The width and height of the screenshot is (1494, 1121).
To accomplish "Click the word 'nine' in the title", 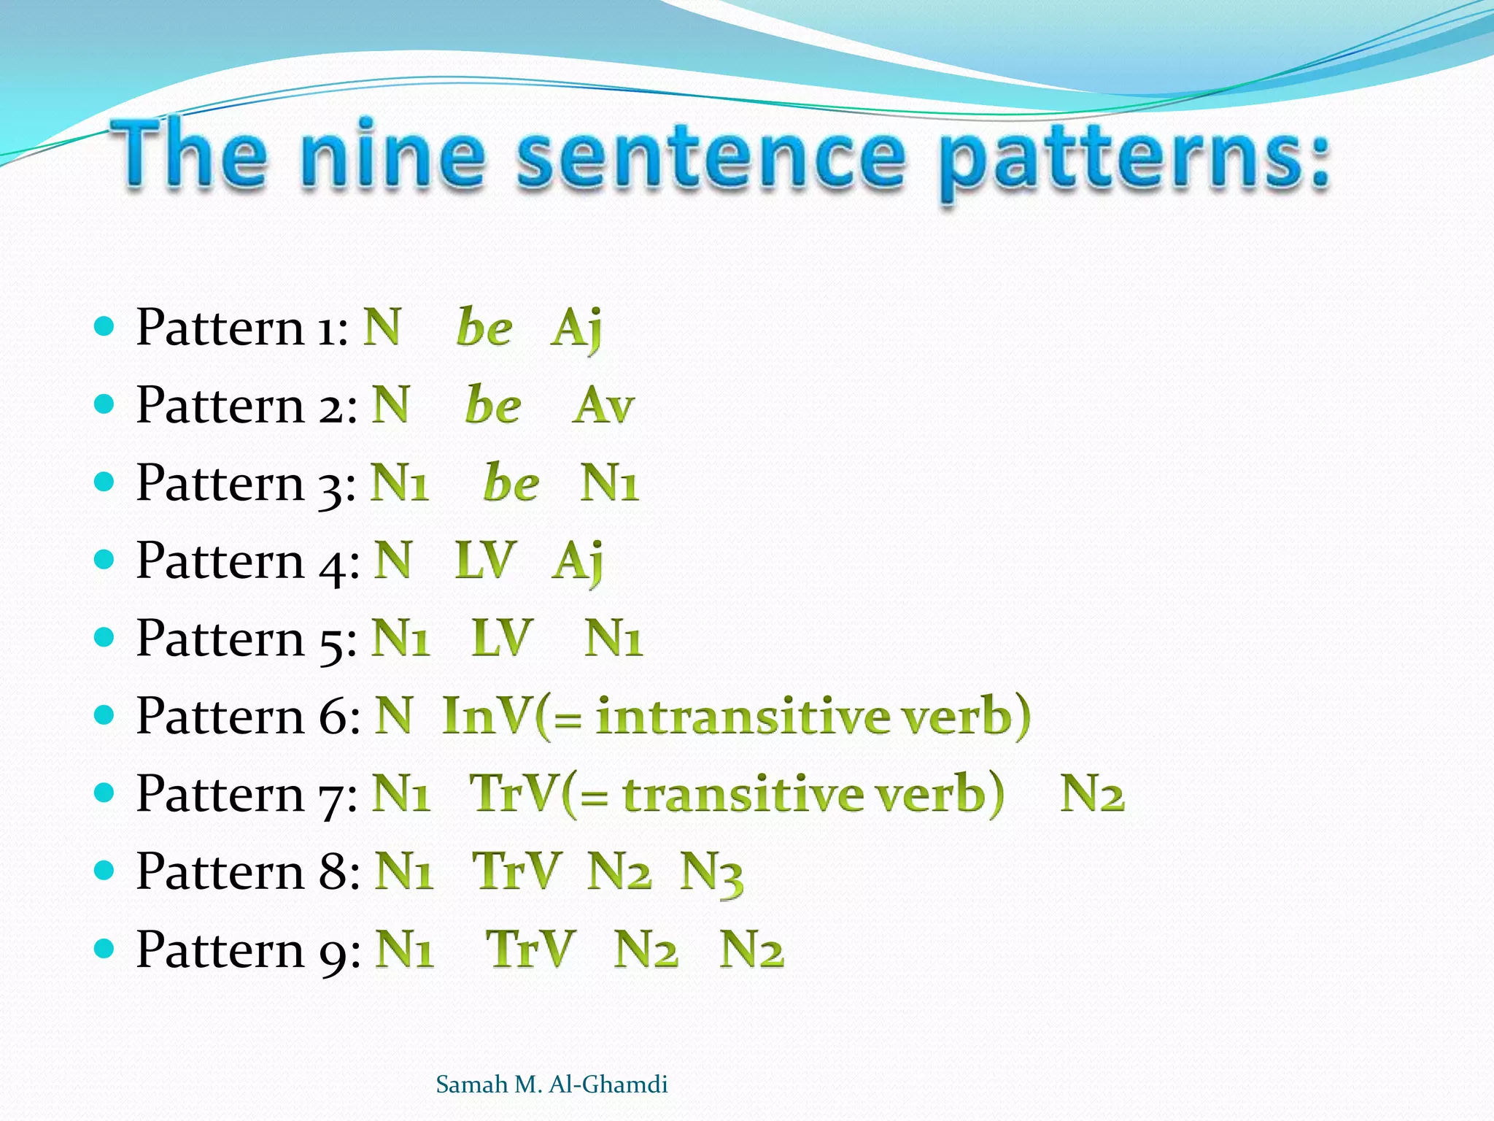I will coord(392,155).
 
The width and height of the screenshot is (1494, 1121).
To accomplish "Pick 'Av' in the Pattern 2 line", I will coord(603,406).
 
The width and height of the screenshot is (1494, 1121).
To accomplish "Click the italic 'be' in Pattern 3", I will coord(511,483).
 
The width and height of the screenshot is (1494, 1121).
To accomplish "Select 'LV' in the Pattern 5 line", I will coord(502,639).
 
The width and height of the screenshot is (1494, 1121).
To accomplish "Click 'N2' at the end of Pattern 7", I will coord(1092,793).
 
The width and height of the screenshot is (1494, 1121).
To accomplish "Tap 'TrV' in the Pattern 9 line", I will coord(530,949).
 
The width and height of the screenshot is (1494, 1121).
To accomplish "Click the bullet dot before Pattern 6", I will coord(105,715).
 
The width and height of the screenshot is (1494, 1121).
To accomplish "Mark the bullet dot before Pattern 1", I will coord(105,326).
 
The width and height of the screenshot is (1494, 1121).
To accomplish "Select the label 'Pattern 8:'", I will coord(248,871).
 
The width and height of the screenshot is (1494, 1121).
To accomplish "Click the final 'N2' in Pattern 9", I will coord(751,949).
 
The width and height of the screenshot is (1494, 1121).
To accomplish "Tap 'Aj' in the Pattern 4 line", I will coord(577,562).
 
